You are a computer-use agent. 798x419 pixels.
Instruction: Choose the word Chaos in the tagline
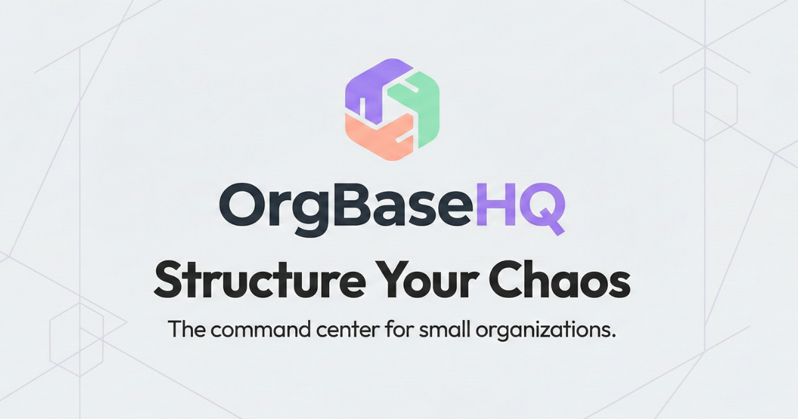pyautogui.click(x=567, y=281)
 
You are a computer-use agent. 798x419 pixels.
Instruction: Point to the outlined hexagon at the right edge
pyautogui.click(x=704, y=106)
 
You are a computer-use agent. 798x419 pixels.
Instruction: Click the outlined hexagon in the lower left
pyautogui.click(x=76, y=339)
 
